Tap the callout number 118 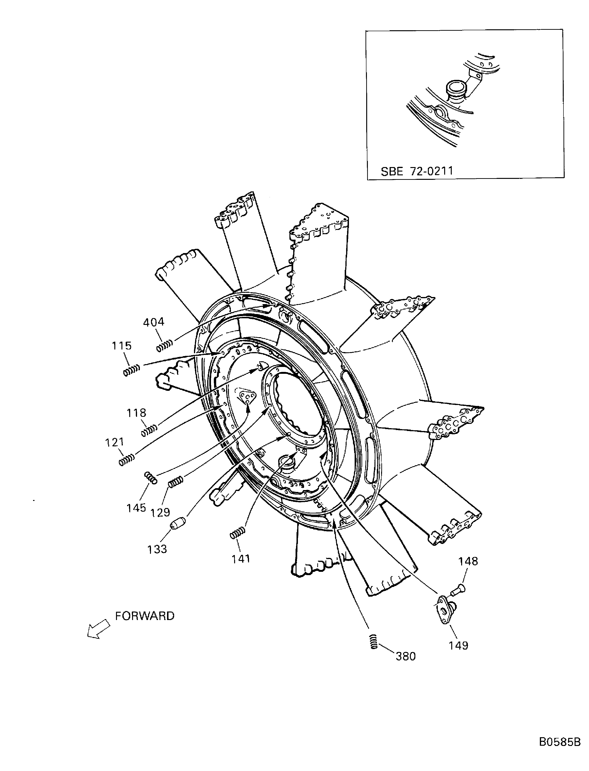click(136, 413)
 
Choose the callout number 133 click(157, 549)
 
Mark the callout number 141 click(241, 559)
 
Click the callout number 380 click(406, 656)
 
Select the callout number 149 click(459, 645)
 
